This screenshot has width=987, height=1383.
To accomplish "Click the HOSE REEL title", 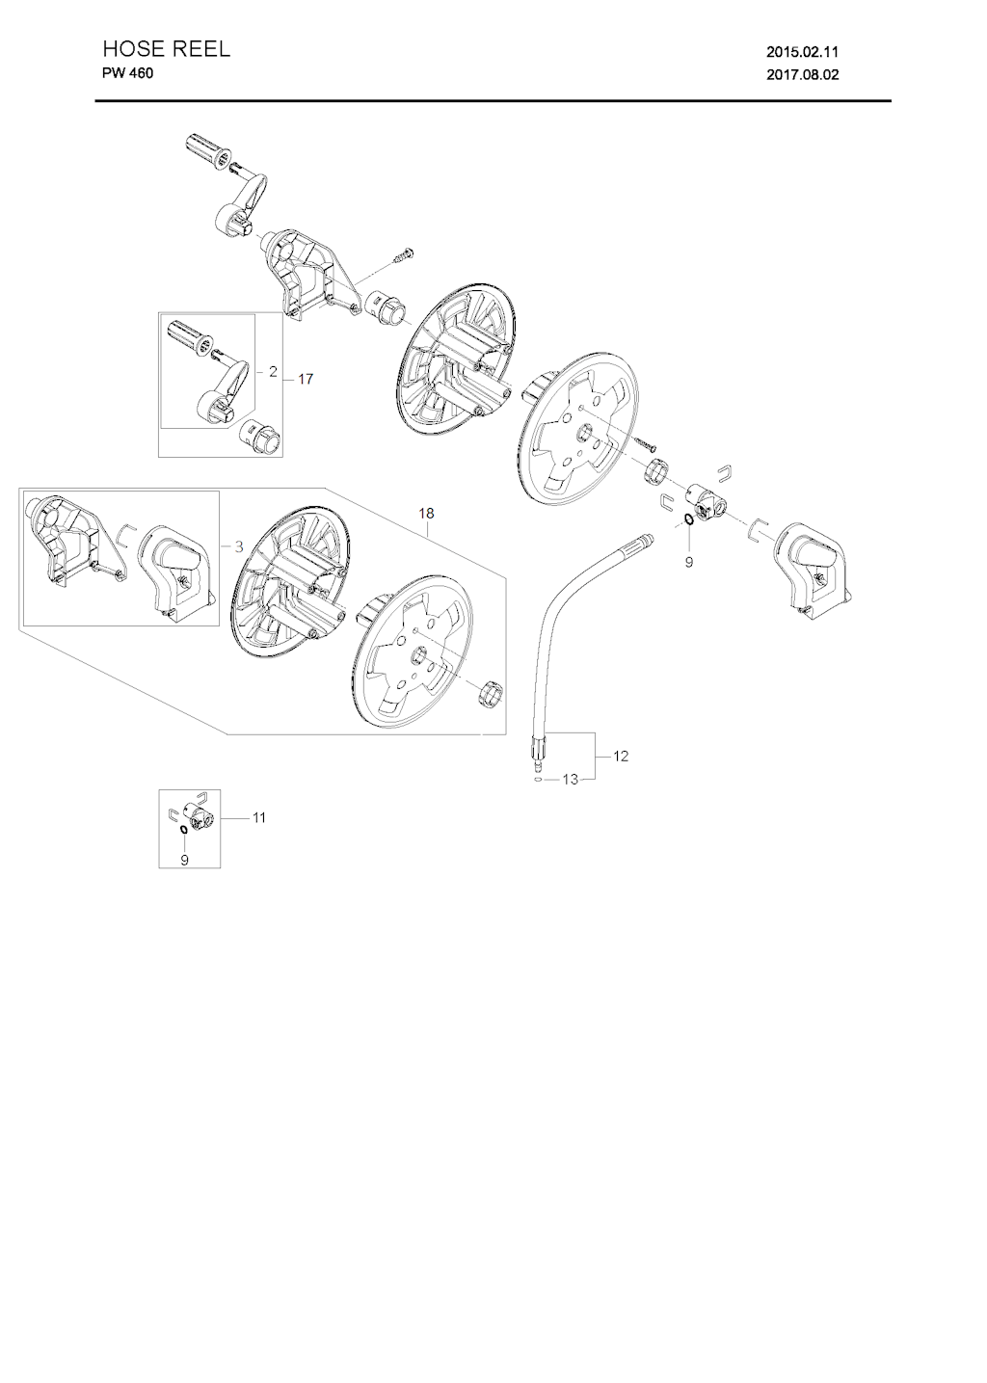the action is (x=166, y=49).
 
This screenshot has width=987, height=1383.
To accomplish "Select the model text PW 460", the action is (x=127, y=73).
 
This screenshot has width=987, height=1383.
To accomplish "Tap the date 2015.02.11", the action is (x=802, y=52).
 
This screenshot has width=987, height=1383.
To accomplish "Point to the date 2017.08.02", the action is (x=802, y=75).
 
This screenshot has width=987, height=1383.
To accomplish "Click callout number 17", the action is (x=306, y=379).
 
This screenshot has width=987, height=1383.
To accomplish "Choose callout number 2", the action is (x=273, y=372).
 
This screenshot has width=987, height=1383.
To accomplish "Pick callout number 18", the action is (x=426, y=513).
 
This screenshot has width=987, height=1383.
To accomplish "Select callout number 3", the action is (x=239, y=547).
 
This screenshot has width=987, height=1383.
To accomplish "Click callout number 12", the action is (x=621, y=756).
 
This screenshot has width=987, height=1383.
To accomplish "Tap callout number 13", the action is (x=570, y=780).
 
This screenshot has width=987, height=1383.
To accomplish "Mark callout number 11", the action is (x=258, y=817).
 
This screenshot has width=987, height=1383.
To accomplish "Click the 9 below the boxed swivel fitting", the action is (x=184, y=860).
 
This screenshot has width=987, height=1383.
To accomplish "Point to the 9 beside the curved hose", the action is (x=688, y=562).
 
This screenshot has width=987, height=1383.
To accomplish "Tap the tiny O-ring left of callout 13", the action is (x=539, y=781).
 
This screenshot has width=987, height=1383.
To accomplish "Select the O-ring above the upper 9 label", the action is (x=688, y=519).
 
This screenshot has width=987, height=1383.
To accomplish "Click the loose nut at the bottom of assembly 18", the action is (x=491, y=694).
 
